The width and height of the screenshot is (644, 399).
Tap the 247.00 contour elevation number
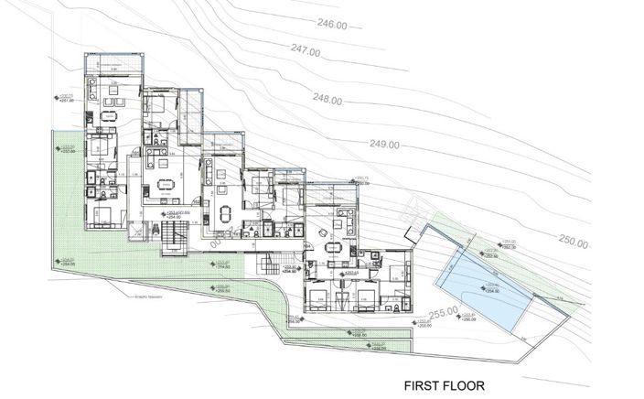tap(304, 52)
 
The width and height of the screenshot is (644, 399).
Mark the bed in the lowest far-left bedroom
tap(102, 215)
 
